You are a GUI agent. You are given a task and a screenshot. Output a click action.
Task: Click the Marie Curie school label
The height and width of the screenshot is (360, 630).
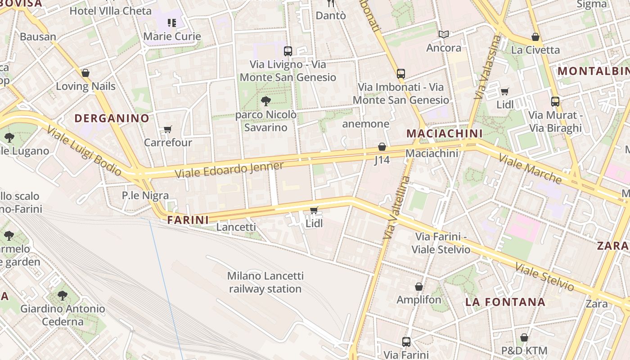coord(172,36)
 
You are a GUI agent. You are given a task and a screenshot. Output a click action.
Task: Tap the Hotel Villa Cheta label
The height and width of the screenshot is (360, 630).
coord(110,11)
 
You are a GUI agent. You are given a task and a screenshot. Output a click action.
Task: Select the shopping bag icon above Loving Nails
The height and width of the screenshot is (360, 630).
coord(85,73)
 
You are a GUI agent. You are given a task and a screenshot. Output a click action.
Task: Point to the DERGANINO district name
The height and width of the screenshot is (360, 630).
coord(112,118)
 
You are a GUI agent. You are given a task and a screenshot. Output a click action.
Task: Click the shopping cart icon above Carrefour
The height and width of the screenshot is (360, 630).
coord(168,130)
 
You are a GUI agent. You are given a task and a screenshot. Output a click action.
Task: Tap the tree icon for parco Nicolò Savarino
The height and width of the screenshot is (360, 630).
coord(266,101)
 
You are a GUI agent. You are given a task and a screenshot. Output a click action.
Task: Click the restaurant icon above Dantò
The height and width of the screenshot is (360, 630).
coord(331,4)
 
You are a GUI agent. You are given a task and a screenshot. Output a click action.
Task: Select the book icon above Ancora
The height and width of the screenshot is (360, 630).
coord(444,35)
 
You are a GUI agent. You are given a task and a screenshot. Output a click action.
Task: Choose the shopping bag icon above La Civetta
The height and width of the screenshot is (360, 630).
coord(535,37)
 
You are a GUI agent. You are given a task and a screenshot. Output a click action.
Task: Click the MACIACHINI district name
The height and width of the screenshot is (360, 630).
coord(445,133)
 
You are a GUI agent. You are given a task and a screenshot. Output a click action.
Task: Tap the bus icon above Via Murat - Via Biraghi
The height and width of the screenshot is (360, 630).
coord(555,102)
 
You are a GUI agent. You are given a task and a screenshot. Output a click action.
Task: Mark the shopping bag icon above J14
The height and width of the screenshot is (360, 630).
coord(382,147)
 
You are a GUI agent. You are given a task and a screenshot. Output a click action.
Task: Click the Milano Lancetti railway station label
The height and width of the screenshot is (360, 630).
coord(265,282)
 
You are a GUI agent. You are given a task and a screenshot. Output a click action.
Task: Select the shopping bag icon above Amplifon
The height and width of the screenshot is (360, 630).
coord(419,287)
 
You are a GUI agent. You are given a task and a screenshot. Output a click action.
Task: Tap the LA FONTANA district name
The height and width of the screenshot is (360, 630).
coord(505,301)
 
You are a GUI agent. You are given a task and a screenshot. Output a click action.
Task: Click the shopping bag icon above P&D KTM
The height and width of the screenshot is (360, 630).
coord(524,337)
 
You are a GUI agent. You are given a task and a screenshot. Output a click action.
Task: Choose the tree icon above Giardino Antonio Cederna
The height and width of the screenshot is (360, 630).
coord(63,296)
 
